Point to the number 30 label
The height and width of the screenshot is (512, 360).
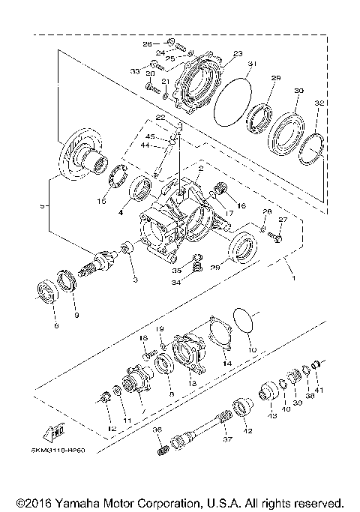[x=298, y=91]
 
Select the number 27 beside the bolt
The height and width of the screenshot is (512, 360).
[x=283, y=220]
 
